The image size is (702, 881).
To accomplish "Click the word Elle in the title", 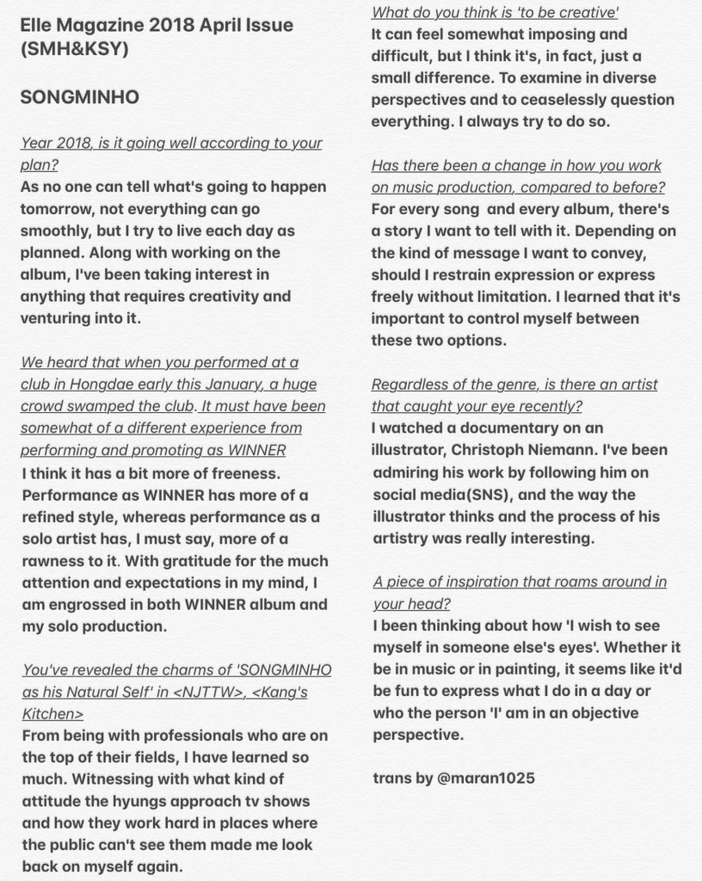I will coord(36,25).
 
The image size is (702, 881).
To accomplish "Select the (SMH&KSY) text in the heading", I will coord(75,49).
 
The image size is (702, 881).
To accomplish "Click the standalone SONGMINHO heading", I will coord(79,97).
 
